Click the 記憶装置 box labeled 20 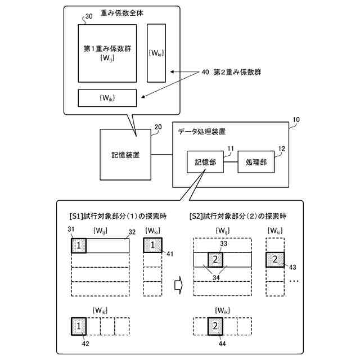tap(125, 154)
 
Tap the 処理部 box tap(256, 161)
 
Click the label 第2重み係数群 tap(237, 73)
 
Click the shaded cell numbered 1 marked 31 tap(79, 246)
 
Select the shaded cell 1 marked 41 tap(153, 246)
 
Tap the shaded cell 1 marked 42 tap(79, 326)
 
